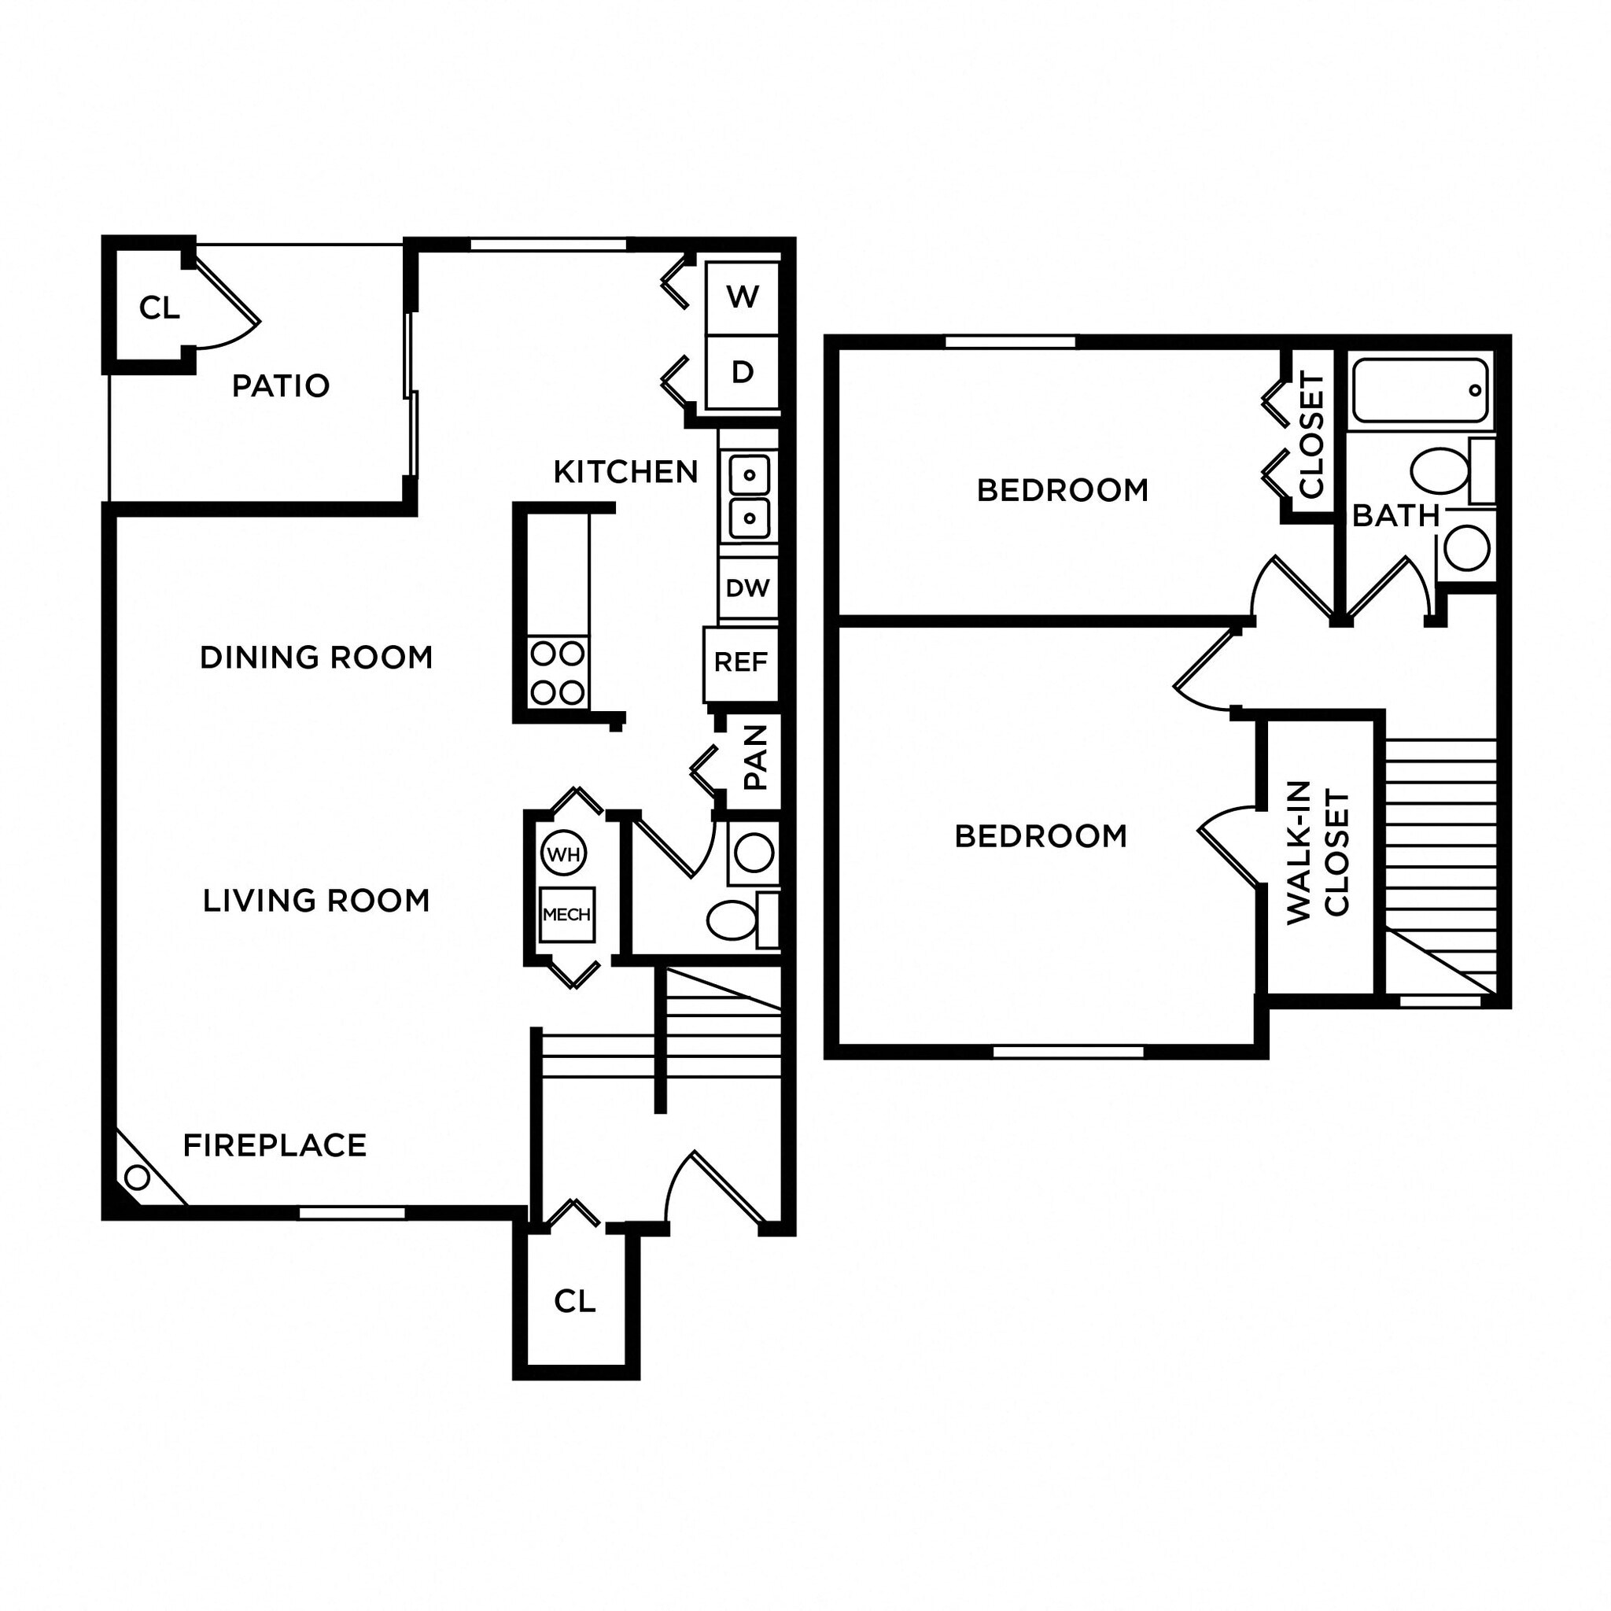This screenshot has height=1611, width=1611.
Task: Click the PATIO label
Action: tap(280, 386)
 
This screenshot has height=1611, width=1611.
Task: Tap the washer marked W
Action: tap(742, 297)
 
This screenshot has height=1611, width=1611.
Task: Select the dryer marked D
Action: tap(742, 372)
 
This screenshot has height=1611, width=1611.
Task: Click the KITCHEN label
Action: tap(625, 473)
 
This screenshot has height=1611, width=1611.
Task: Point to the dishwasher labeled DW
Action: tap(747, 588)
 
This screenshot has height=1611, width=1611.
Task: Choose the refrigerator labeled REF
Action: tap(740, 662)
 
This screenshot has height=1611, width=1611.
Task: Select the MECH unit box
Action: tap(567, 915)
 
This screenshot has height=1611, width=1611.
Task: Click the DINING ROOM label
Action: tap(316, 658)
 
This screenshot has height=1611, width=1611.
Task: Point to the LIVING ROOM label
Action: tap(316, 901)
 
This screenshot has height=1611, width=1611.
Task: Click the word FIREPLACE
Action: tap(275, 1145)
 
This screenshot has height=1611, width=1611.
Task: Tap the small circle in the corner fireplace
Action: tap(137, 1178)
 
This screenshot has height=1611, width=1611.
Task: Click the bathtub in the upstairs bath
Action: tap(1420, 390)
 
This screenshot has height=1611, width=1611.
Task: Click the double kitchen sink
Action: tap(749, 497)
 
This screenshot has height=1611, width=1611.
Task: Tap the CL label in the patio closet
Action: tap(159, 308)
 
